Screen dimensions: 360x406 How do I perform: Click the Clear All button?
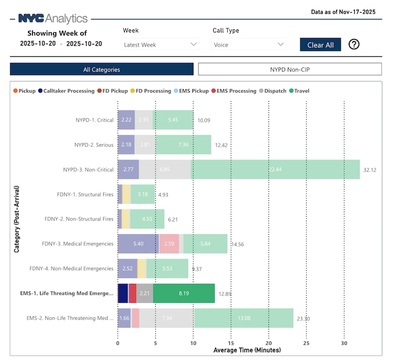[x=320, y=45]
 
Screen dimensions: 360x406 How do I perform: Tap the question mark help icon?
[x=354, y=44]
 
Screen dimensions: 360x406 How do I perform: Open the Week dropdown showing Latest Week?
[x=160, y=45]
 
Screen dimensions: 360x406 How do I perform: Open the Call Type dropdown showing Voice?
[x=249, y=45]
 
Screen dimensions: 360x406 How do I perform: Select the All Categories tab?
[x=101, y=69]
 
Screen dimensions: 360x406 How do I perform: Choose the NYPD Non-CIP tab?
[x=290, y=69]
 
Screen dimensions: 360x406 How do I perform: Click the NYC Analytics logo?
[x=53, y=19]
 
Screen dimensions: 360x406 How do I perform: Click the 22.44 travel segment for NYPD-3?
[x=275, y=169]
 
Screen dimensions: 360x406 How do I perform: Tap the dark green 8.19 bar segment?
[x=183, y=293]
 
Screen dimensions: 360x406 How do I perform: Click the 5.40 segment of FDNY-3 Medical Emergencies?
[x=138, y=244]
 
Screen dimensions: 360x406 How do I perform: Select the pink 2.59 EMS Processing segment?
[x=169, y=244]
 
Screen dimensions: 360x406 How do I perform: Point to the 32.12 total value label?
[x=369, y=170]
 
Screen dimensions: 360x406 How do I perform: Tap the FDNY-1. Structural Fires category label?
[x=85, y=194]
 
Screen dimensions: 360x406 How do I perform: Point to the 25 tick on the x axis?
[x=306, y=343]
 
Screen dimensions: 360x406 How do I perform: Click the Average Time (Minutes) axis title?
[x=247, y=350]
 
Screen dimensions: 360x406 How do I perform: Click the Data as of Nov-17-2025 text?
[x=343, y=12]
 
